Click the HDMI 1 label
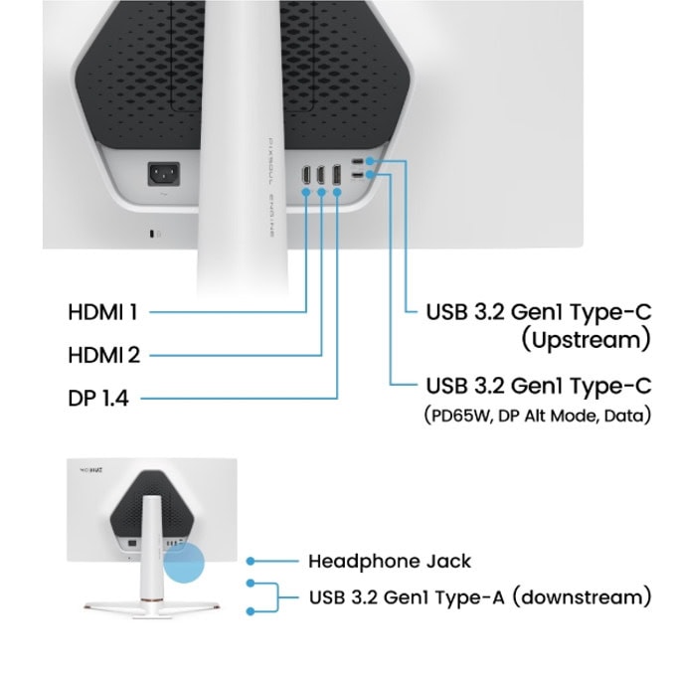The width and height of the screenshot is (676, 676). coord(102,312)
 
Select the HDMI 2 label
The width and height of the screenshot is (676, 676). coord(104,355)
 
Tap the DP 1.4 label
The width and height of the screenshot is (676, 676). coord(98,398)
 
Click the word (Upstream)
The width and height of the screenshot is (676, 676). coord(586,341)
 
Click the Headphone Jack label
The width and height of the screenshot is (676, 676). coord(390,562)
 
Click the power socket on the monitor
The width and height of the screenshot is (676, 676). coord(164,174)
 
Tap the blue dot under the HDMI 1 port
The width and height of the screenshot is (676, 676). coord(306,192)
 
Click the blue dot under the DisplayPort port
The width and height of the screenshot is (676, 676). coord(337,192)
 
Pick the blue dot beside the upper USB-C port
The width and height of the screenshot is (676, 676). coord(370,161)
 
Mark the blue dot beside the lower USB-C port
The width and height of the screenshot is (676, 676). coord(370,175)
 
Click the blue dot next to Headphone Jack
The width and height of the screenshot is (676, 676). coord(251,561)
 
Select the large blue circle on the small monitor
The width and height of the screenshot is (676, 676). coord(184,563)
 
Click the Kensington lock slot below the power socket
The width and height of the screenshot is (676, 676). coord(152,234)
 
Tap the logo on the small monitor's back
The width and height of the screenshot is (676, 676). coord(91,470)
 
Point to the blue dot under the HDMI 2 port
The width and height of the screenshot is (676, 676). coord(322,192)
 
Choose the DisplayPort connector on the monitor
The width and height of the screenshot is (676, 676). coord(337,175)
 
